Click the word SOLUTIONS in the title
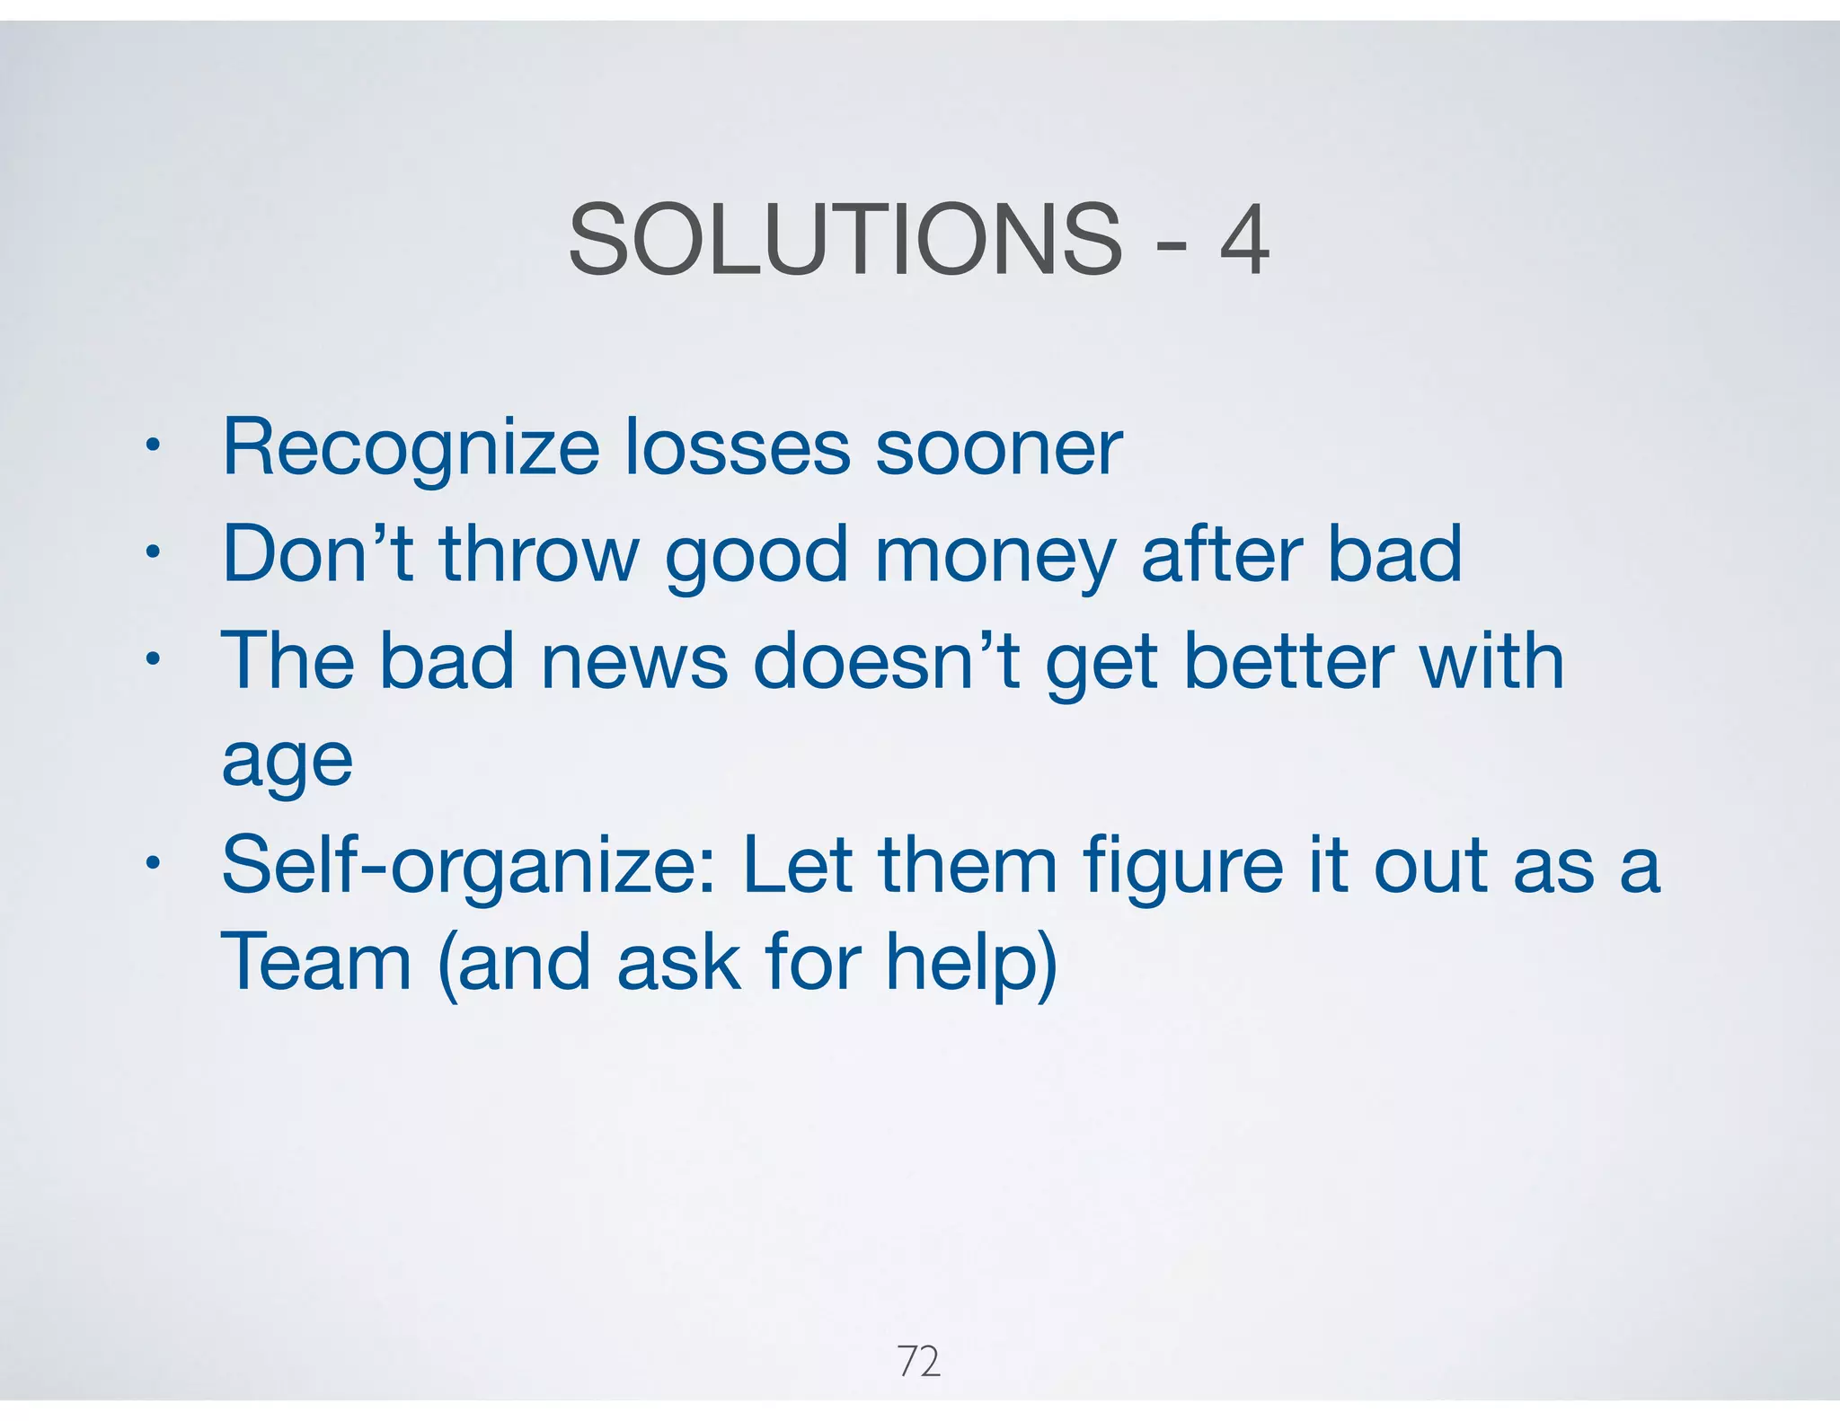[x=845, y=240]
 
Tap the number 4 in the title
[x=1244, y=240]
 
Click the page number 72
[x=919, y=1362]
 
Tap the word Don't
[x=317, y=554]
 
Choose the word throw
[x=539, y=554]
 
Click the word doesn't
[x=886, y=660]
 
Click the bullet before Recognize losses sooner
[x=153, y=446]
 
